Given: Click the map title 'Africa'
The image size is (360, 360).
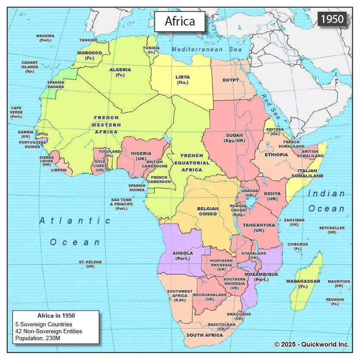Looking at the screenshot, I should click(180, 21).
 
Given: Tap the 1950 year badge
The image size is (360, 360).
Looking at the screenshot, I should click(332, 19).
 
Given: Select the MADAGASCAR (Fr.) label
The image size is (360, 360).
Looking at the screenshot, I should click(303, 284).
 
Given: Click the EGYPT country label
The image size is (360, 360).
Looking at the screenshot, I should click(231, 80).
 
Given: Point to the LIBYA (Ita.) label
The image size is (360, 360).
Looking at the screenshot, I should click(182, 79).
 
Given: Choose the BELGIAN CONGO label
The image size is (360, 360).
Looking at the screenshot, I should click(208, 211).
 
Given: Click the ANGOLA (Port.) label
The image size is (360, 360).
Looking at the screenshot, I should click(183, 256).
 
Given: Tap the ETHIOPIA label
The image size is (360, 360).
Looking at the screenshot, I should click(276, 155).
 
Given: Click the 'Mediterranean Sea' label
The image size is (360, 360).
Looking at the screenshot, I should click(207, 50).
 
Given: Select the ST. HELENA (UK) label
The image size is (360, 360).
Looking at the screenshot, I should click(90, 264).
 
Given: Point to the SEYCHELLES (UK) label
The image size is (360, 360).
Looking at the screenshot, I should click(332, 230).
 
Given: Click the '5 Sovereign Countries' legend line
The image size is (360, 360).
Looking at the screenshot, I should click(44, 324).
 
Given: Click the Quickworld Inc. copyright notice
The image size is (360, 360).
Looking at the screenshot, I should click(312, 344).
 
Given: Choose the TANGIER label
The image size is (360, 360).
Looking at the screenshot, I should click(88, 40).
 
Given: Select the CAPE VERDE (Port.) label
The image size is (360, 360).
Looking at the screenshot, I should click(16, 112).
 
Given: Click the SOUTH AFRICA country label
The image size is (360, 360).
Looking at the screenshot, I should click(204, 335).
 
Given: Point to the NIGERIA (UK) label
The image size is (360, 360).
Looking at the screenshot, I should click(141, 156).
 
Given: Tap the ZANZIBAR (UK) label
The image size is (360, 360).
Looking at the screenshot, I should click(294, 222).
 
